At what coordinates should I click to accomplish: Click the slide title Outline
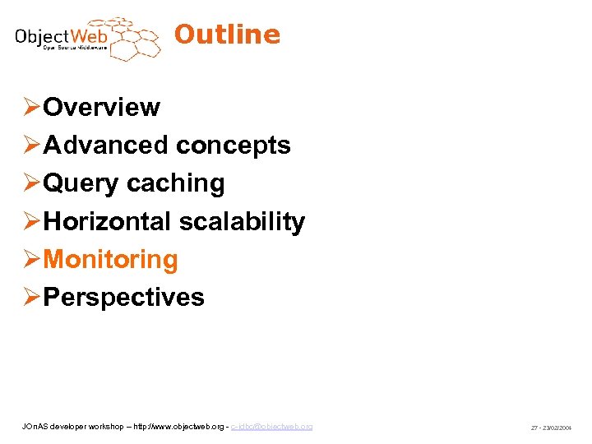coord(227,35)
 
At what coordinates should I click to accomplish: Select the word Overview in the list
coord(101,107)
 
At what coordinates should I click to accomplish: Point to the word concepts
coord(233,145)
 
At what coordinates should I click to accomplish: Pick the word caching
coord(175,183)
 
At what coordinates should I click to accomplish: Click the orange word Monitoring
coord(110,259)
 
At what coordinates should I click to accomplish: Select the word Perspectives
coord(123,296)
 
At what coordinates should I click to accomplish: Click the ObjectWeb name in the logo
coord(62,36)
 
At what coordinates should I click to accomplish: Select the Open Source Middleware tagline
coord(74,49)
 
